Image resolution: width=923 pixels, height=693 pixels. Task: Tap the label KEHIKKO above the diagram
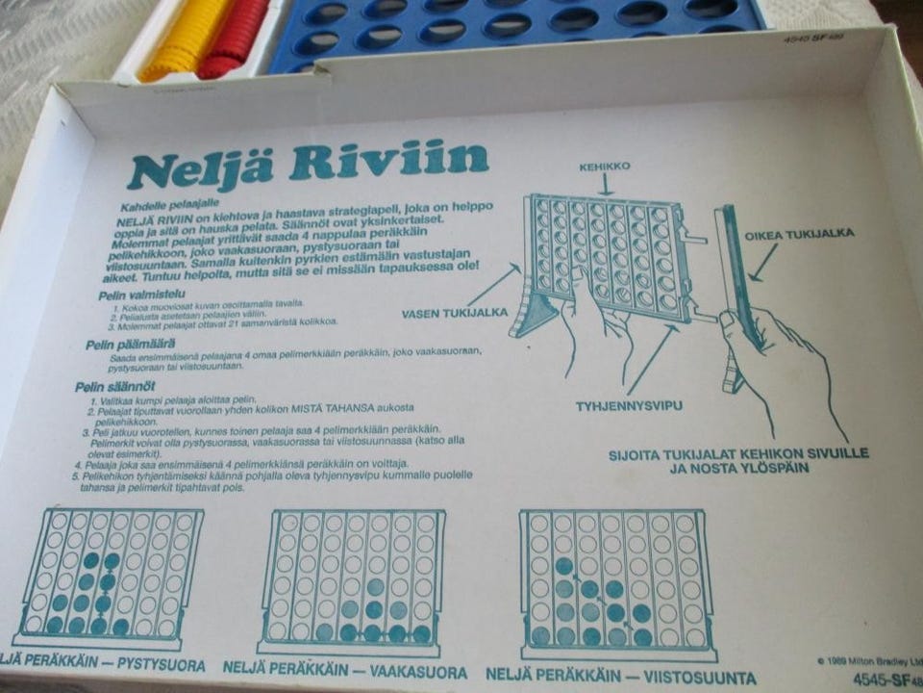[x=604, y=167]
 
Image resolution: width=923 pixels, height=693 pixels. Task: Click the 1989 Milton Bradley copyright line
[x=866, y=660]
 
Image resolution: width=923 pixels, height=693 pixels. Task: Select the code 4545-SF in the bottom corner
[x=886, y=680]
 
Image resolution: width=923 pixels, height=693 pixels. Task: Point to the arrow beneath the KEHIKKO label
[x=605, y=184]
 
